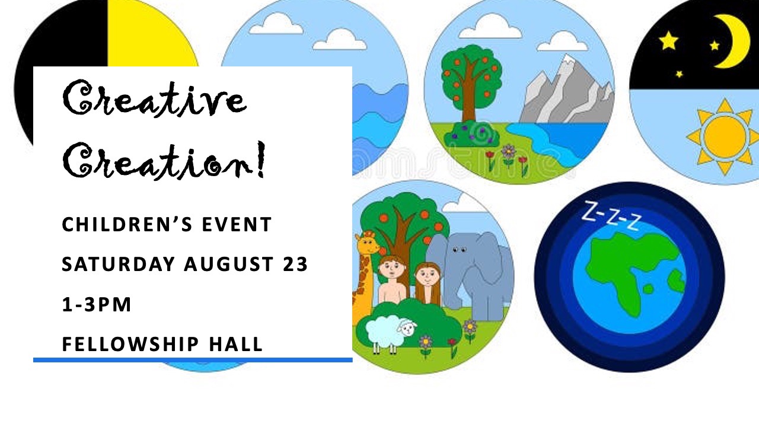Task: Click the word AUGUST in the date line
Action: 229,264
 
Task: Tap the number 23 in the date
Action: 295,264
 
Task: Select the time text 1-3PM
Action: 97,304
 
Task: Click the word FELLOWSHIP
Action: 130,344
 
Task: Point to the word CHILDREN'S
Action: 127,224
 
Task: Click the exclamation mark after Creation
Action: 260,160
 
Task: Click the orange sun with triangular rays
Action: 725,136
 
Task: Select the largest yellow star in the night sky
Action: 668,41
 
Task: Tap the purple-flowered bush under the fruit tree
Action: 471,134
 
